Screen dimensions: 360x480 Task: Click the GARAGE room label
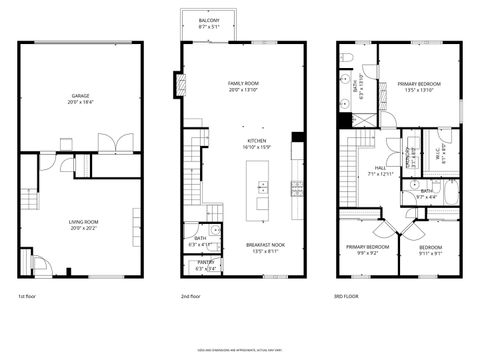pos(81,96)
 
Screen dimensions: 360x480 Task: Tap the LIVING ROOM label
pos(81,222)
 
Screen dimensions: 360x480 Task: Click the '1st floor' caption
pos(28,297)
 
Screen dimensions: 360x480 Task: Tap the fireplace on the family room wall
pos(181,86)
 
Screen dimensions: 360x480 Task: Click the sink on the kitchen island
pos(263,186)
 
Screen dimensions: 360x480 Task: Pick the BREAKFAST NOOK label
pos(265,247)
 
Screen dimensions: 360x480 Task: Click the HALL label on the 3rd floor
pos(383,171)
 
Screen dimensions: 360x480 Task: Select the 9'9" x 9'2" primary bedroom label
pos(367,249)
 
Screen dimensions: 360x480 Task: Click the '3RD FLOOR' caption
pos(345,297)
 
